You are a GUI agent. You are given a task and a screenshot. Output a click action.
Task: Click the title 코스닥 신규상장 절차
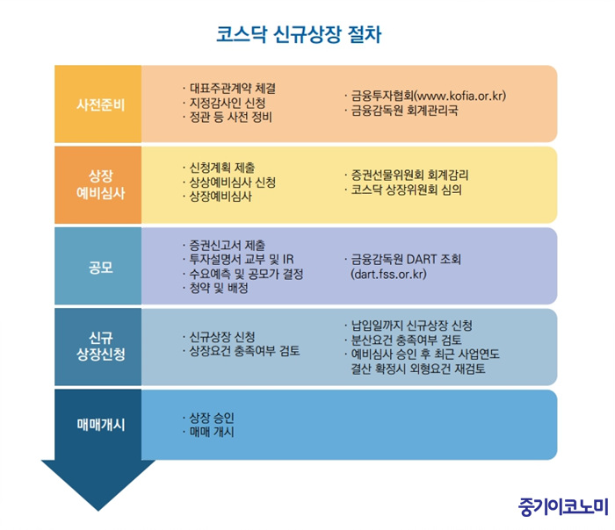(x=299, y=34)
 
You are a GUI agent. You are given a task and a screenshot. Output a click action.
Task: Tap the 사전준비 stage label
(x=101, y=104)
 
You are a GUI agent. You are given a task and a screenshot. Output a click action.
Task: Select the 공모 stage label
(x=101, y=268)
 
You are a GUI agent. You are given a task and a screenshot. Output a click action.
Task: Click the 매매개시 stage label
(x=101, y=425)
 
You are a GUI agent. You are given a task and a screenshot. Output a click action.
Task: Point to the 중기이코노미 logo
(x=563, y=506)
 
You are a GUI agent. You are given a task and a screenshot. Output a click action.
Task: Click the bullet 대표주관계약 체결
(x=233, y=88)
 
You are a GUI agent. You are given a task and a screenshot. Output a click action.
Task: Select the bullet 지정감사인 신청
(x=228, y=103)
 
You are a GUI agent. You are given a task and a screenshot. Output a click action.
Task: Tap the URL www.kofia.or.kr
(x=459, y=96)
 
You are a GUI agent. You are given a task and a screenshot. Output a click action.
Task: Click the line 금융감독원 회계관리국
(x=404, y=110)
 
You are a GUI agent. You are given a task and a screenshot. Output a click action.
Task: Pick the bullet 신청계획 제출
(x=222, y=168)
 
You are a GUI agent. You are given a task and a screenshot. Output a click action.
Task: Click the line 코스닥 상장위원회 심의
(x=406, y=190)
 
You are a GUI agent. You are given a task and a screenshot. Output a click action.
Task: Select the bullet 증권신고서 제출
(x=228, y=245)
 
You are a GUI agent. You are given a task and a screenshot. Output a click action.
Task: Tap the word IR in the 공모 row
(x=288, y=260)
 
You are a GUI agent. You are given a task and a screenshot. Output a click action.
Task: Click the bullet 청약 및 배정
(x=219, y=288)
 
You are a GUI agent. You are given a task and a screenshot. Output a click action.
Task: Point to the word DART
(x=421, y=260)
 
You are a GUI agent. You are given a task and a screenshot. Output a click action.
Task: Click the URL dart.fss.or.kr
(x=388, y=274)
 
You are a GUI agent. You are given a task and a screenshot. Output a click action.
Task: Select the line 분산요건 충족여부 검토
(x=406, y=340)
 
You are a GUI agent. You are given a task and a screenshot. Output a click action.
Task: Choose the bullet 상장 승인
(x=212, y=418)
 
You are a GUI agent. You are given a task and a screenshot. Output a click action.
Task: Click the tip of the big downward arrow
(x=98, y=511)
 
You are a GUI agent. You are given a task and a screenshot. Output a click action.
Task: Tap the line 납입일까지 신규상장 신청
(x=411, y=326)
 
